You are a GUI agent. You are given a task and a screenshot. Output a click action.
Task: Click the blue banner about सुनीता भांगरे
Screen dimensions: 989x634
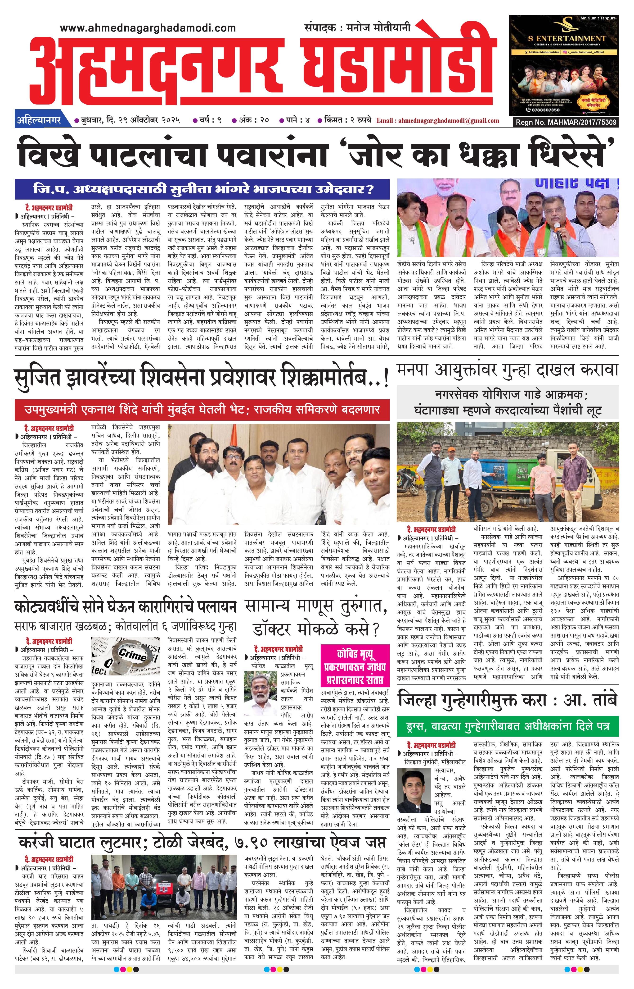pos(202,189)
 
